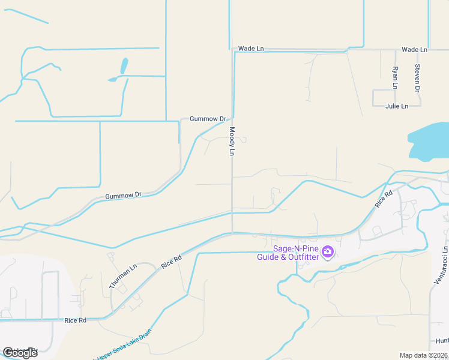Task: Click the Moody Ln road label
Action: pos(231,141)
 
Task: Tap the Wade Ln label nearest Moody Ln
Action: pos(251,49)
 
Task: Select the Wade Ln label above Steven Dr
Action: pos(414,49)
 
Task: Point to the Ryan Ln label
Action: pos(395,78)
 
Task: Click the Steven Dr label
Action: pos(417,77)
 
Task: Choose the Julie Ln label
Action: pos(397,106)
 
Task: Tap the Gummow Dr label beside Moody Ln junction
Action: pos(207,119)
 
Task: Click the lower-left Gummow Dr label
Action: pos(123,195)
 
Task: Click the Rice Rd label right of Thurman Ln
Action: pos(171,262)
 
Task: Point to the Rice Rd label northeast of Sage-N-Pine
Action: pos(384,199)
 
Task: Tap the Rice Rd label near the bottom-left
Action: pos(75,320)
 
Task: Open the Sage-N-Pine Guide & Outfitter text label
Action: pos(295,253)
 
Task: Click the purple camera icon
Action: pos(328,252)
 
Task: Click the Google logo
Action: pos(20,353)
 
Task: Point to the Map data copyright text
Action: pos(424,355)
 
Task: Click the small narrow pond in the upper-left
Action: pos(124,65)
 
